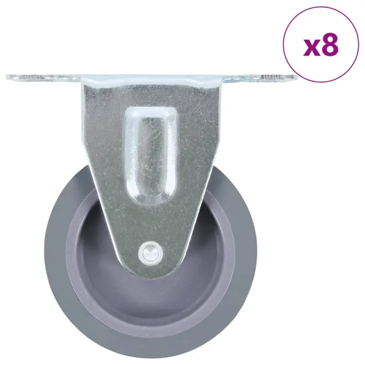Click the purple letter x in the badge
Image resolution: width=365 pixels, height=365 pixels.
[313, 48]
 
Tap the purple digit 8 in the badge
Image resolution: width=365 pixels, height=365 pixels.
[330, 44]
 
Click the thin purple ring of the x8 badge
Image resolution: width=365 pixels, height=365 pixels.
[283, 44]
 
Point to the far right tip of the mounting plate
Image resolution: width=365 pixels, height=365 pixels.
[297, 77]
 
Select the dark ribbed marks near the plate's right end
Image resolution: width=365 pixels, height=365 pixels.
[271, 77]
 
